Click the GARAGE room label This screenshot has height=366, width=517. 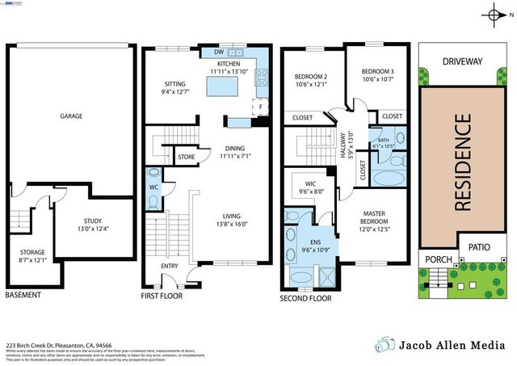coord(71,116)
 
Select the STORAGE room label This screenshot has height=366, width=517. coord(33,252)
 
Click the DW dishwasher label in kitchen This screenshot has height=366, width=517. coord(218,53)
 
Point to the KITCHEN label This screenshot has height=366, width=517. coord(229,63)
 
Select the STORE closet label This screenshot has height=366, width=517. coord(187,157)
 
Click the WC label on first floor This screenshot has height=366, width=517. coord(153,187)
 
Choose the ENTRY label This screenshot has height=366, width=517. coord(170,265)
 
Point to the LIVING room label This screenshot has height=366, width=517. coord(237,215)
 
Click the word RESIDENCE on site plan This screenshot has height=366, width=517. coord(461,162)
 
